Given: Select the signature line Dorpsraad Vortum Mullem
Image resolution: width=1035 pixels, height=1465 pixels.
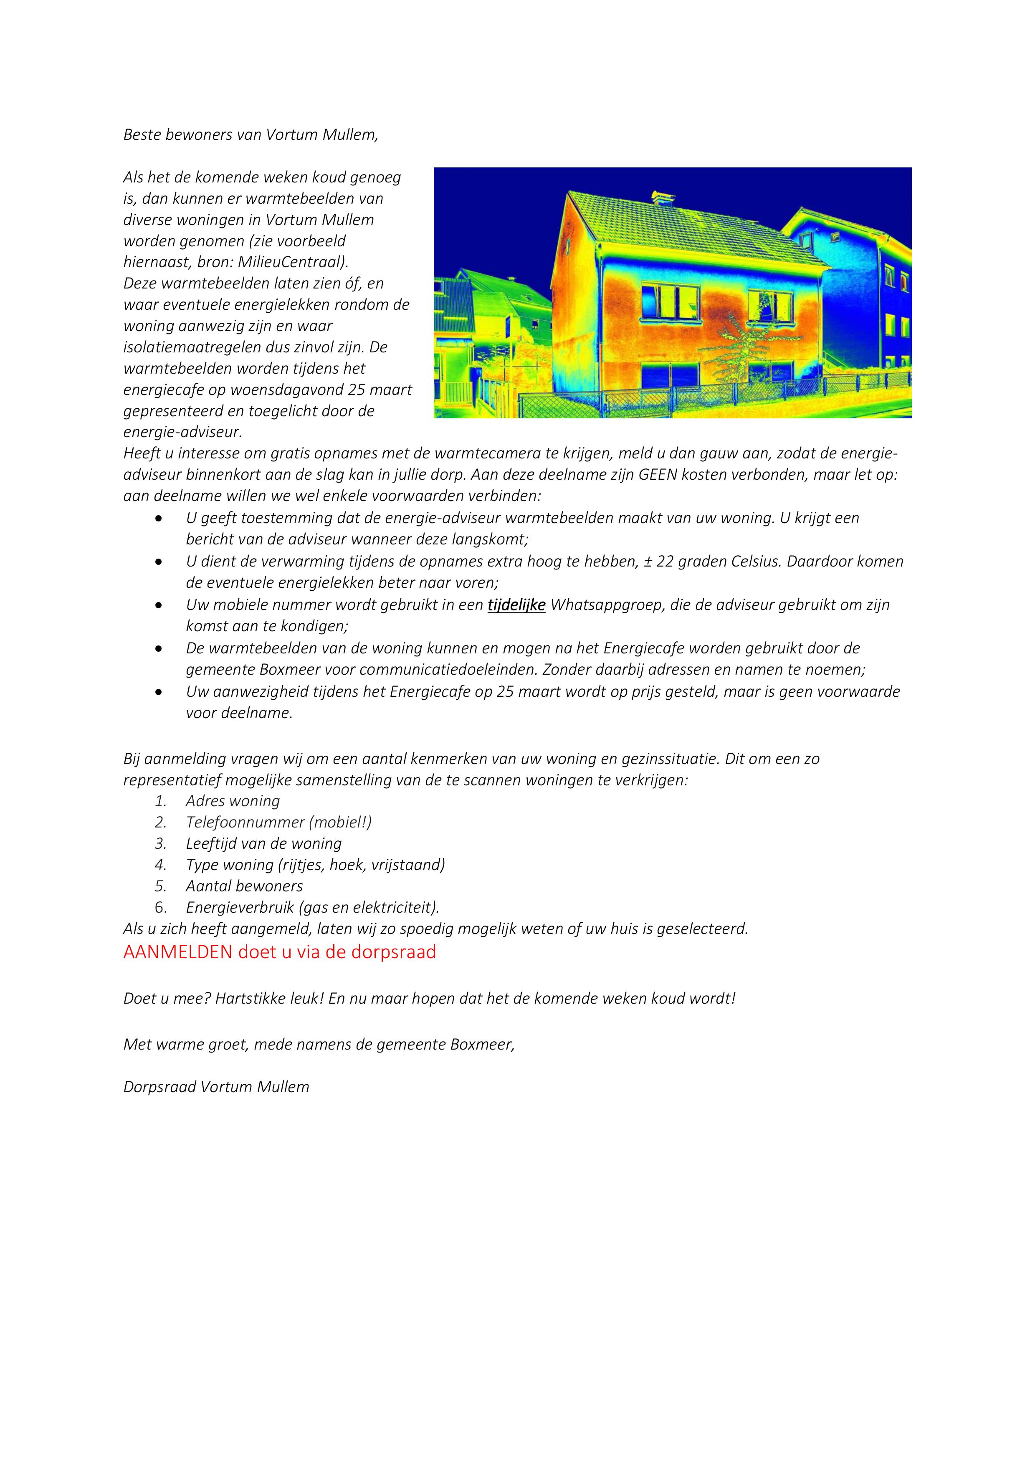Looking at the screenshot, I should click(216, 1087).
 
